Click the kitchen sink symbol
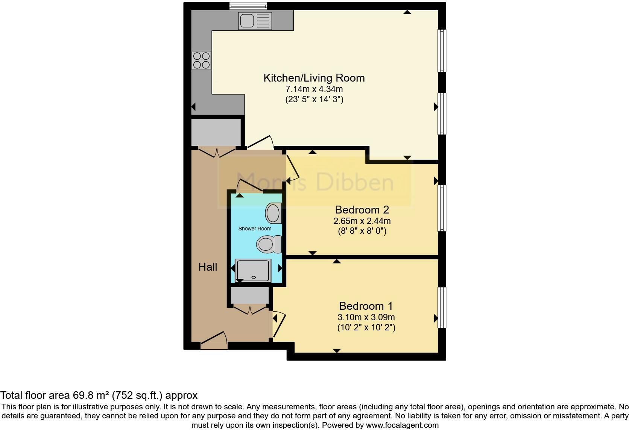coord(255,20)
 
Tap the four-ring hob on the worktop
coord(201,61)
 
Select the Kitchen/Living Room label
coord(314,78)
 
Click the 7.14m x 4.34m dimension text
coord(314,89)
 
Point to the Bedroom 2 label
coord(362,209)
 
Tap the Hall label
coord(208,267)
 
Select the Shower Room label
coord(255,229)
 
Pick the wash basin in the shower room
coord(273,213)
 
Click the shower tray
coord(253,271)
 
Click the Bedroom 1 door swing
coord(279,324)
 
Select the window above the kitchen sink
coord(248,6)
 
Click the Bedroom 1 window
coord(442,307)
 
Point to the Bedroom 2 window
coord(442,208)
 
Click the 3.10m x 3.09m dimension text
coord(366,317)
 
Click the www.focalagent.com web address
coord(402,425)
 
